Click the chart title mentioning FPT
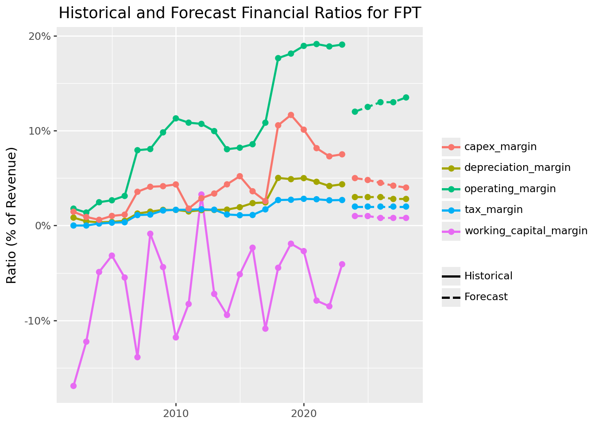[x=240, y=13]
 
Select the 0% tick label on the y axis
[x=43, y=226]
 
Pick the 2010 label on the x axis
[x=176, y=414]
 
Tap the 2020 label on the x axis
[x=304, y=414]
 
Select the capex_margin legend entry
[x=500, y=147]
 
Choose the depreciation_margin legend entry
[x=517, y=168]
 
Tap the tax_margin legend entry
[x=493, y=210]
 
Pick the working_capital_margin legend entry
[x=525, y=231]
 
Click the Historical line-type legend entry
[x=488, y=276]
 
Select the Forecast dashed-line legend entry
[x=486, y=297]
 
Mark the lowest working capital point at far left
[x=73, y=386]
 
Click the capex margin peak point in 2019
[x=291, y=115]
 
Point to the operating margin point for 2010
[x=176, y=118]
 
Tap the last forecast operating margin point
[x=406, y=97]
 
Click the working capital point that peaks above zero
[x=201, y=195]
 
